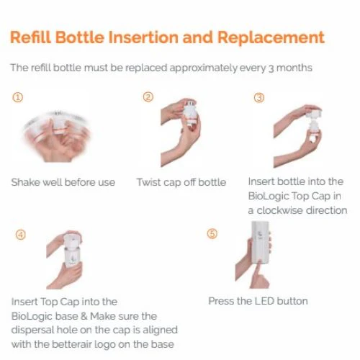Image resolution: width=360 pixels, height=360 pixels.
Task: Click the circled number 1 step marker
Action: [17, 98]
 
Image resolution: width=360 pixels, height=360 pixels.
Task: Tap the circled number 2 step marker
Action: [148, 97]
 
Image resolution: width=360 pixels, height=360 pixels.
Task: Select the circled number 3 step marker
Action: [259, 98]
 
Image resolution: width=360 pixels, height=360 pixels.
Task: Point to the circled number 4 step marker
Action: [21, 235]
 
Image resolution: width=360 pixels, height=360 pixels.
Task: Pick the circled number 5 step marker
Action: [212, 233]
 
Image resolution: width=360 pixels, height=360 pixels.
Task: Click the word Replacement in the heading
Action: [271, 37]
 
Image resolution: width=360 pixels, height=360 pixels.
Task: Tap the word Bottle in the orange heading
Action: [80, 37]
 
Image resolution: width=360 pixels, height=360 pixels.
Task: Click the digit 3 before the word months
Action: [271, 68]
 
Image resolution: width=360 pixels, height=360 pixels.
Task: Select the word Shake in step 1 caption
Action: [25, 182]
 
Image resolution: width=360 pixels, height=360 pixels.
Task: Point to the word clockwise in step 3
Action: [280, 210]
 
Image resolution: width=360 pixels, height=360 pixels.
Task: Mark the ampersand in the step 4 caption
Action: [84, 316]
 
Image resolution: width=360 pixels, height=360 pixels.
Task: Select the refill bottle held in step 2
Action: [191, 114]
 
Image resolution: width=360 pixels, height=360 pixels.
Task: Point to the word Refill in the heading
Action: [31, 37]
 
